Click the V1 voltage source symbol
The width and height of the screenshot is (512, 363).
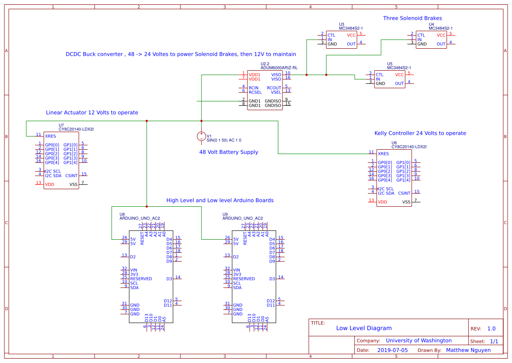pos(201,137)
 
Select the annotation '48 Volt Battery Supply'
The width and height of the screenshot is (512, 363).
pos(229,152)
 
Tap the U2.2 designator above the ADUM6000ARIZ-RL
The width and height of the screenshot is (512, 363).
pos(265,64)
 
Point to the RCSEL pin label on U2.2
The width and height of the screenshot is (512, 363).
pos(255,92)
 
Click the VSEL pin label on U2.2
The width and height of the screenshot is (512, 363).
pos(276,92)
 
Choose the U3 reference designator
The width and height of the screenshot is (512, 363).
pos(342,24)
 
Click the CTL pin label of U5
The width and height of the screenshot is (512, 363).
pos(379,75)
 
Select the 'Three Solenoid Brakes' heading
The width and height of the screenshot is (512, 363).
pos(412,18)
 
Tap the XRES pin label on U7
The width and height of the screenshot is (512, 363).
pos(50,136)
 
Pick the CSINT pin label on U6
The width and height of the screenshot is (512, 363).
pos(404,193)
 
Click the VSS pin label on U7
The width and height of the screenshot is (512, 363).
pos(74,184)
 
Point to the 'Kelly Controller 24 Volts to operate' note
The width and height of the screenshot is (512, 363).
pos(420,133)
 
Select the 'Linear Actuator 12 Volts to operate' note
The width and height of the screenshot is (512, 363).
pos(92,113)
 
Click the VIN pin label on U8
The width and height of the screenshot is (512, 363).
pos(134,270)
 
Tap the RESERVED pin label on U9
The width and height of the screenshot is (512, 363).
pos(244,279)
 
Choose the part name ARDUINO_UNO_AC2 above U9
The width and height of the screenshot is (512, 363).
pos(243,218)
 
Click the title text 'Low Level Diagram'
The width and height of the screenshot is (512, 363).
pos(364,328)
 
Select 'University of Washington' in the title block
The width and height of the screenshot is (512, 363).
pos(419,341)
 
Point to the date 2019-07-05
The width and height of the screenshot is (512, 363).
pos(392,350)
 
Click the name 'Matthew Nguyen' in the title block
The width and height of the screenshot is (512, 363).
pos(468,350)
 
